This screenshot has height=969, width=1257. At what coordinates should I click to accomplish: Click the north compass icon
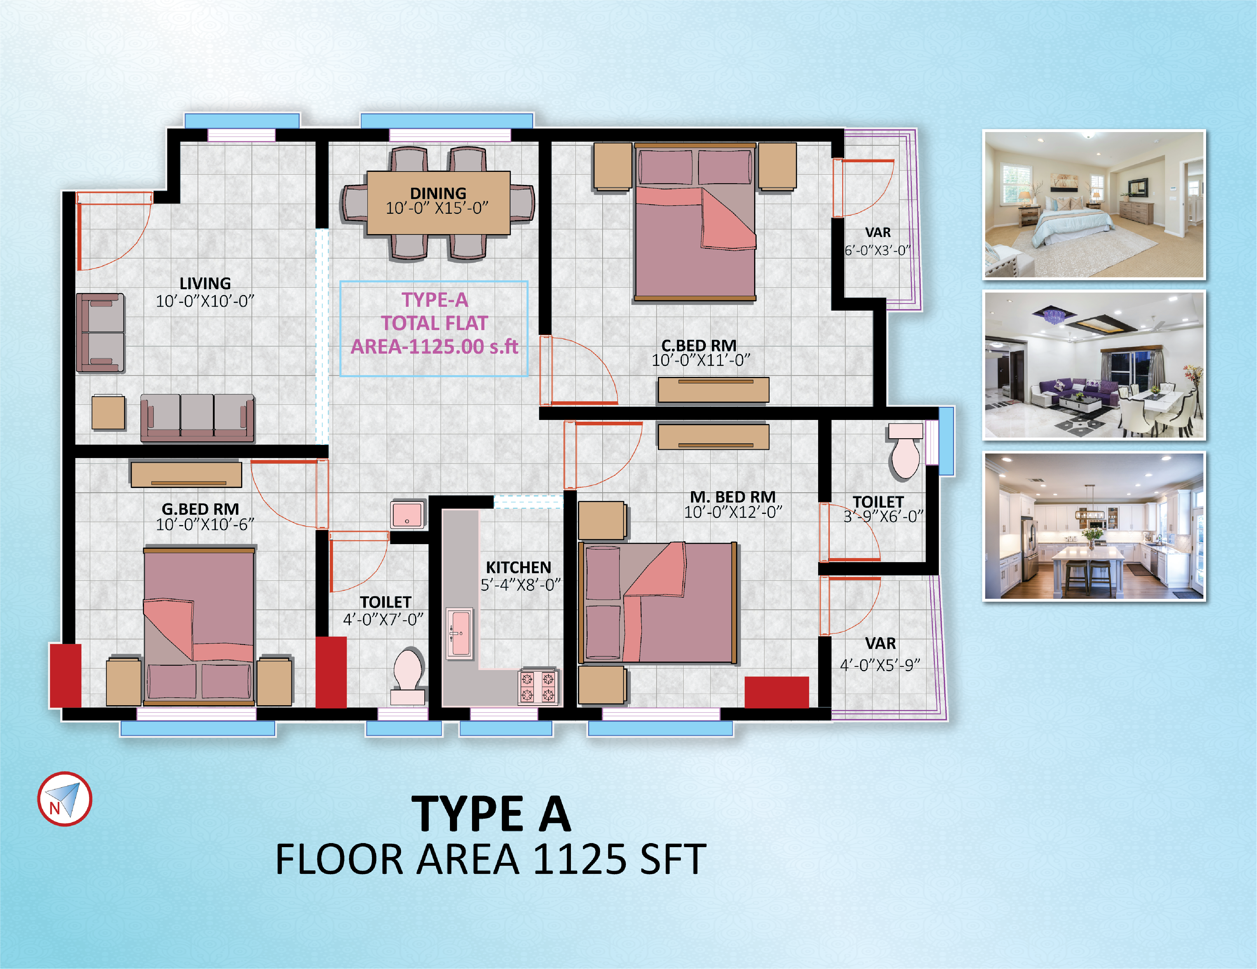click(x=65, y=799)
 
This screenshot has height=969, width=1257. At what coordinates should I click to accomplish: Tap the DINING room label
click(x=438, y=193)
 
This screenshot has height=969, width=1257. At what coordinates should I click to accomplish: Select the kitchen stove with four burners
click(x=537, y=686)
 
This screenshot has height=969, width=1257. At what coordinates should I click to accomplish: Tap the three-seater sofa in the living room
click(x=197, y=418)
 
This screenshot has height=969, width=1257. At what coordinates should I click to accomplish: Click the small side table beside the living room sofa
click(x=108, y=413)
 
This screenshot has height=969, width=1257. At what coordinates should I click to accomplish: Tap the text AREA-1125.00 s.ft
click(x=435, y=346)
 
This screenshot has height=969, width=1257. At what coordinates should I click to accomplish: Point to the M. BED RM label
click(x=733, y=497)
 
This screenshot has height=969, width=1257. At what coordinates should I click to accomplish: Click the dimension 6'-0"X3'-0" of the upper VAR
click(x=877, y=250)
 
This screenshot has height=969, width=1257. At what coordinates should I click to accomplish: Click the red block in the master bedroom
click(x=777, y=692)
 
